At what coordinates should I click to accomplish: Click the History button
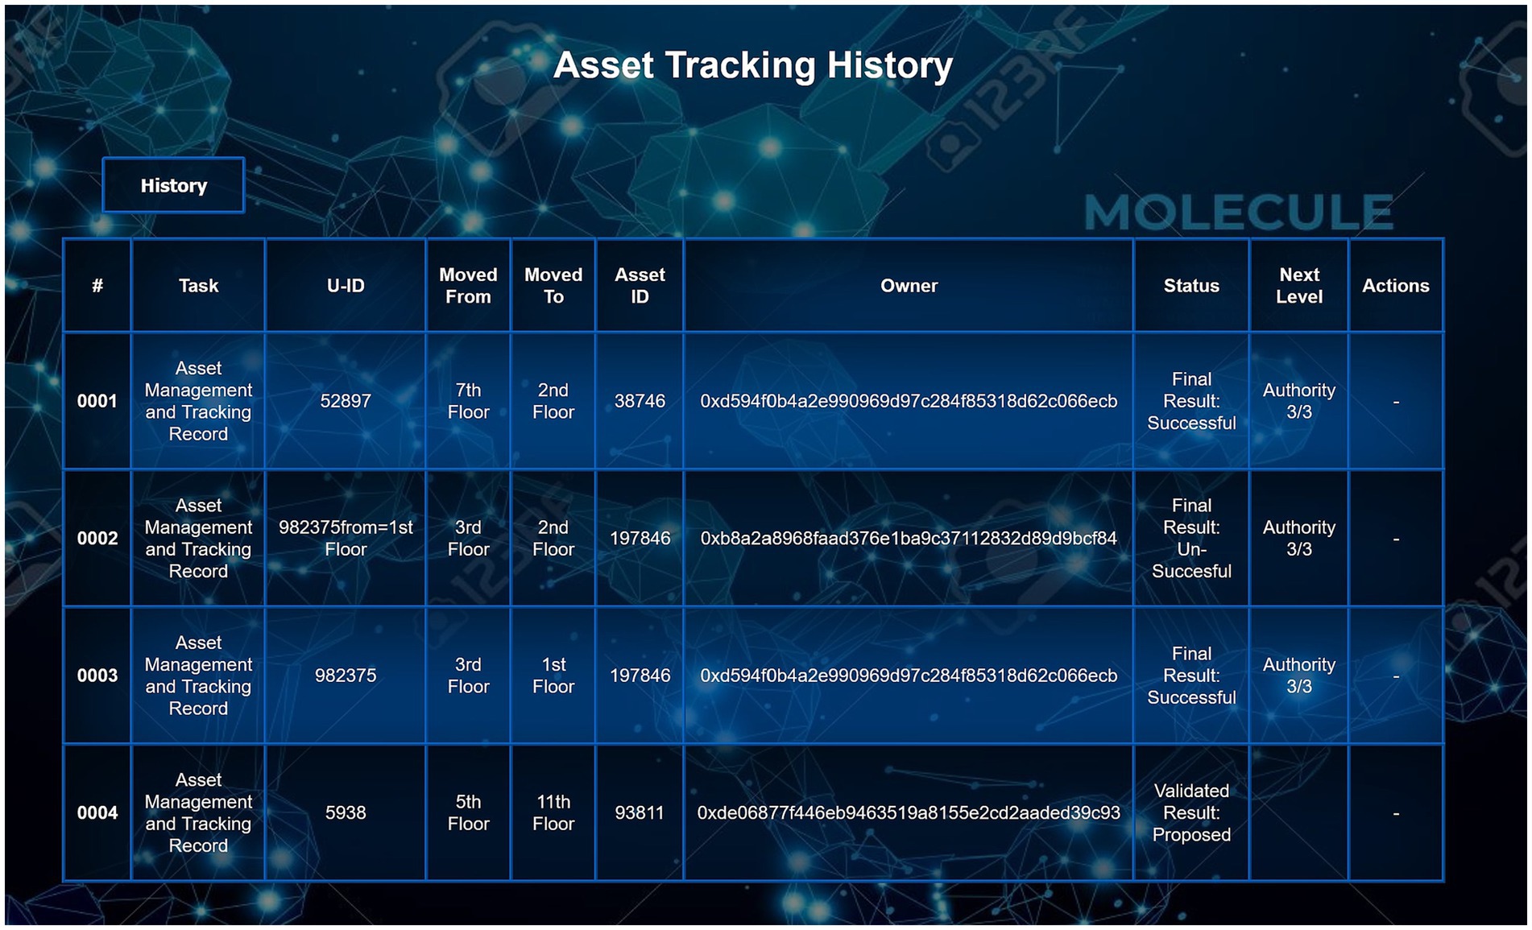pyautogui.click(x=173, y=185)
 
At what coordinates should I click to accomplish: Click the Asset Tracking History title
pyautogui.click(x=753, y=65)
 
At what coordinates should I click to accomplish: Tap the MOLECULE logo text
pyautogui.click(x=1239, y=213)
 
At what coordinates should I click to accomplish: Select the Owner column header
pyautogui.click(x=909, y=286)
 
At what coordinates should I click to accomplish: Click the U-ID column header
pyautogui.click(x=346, y=286)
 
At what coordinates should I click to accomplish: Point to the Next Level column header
pyautogui.click(x=1299, y=286)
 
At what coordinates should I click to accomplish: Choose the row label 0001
pyautogui.click(x=97, y=401)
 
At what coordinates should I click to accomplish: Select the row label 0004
pyautogui.click(x=97, y=813)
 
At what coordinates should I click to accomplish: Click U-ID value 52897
pyautogui.click(x=346, y=401)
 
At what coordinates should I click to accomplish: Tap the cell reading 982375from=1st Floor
pyautogui.click(x=346, y=539)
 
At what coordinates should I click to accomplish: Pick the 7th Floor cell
pyautogui.click(x=468, y=401)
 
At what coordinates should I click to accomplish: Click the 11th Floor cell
pyautogui.click(x=553, y=813)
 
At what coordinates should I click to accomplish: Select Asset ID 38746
pyautogui.click(x=640, y=401)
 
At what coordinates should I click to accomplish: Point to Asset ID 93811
pyautogui.click(x=640, y=813)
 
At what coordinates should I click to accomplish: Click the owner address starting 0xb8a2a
pyautogui.click(x=909, y=539)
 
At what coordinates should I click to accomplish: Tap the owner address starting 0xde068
pyautogui.click(x=909, y=813)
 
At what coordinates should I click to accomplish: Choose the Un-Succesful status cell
pyautogui.click(x=1191, y=539)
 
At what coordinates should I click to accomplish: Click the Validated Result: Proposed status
pyautogui.click(x=1191, y=813)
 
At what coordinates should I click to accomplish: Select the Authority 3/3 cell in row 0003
pyautogui.click(x=1299, y=676)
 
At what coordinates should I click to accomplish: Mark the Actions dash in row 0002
pyautogui.click(x=1396, y=539)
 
